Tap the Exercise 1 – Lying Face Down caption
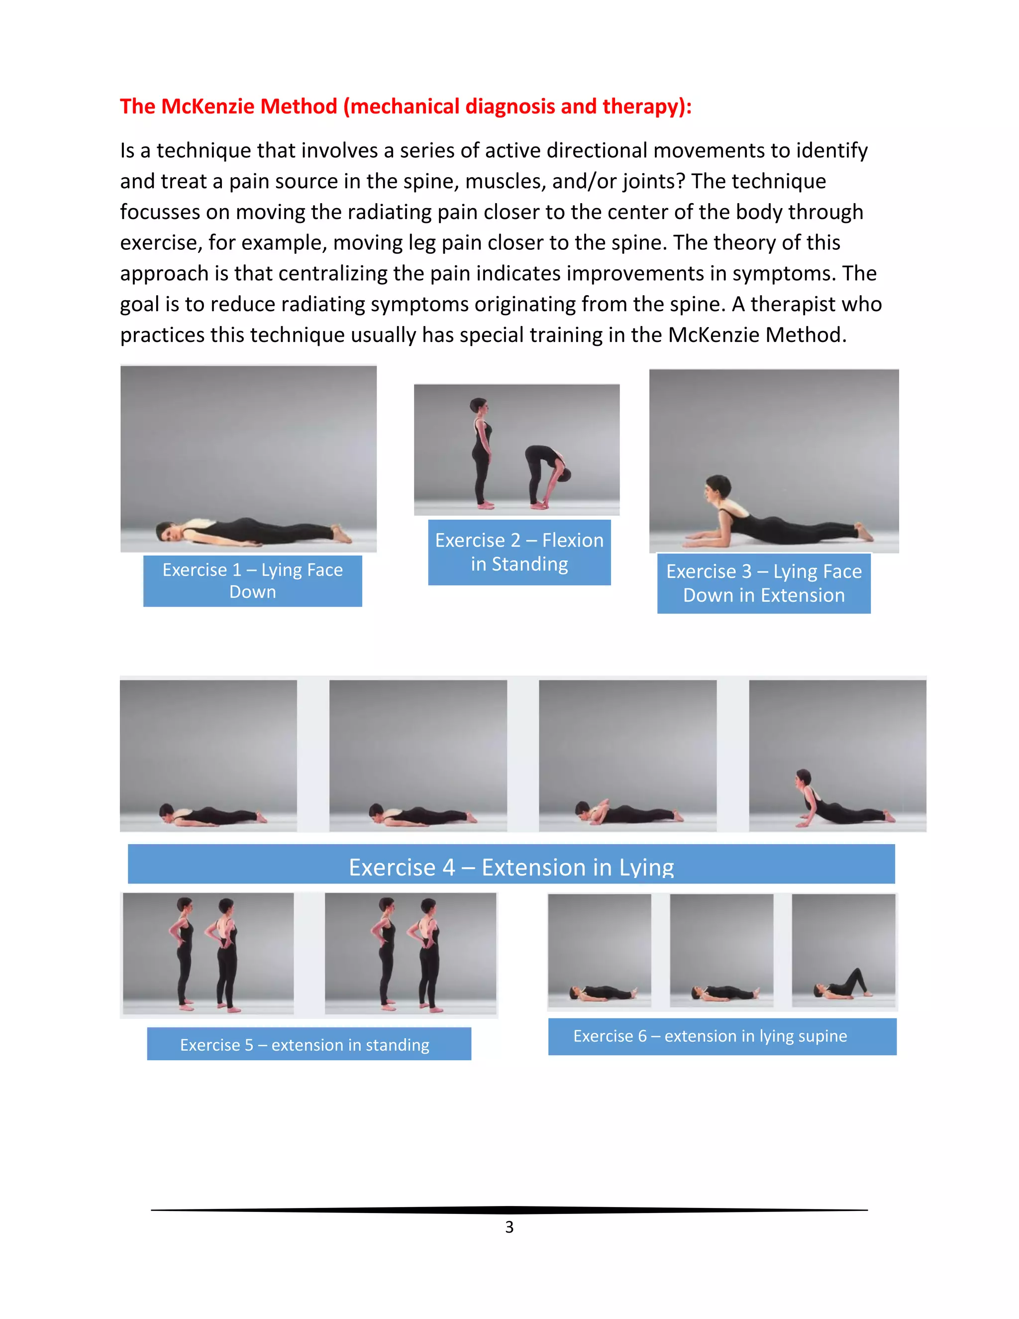coord(252,580)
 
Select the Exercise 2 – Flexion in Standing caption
coord(519,552)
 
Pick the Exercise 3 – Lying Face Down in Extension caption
coord(764,583)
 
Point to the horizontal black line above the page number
coord(509,1209)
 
